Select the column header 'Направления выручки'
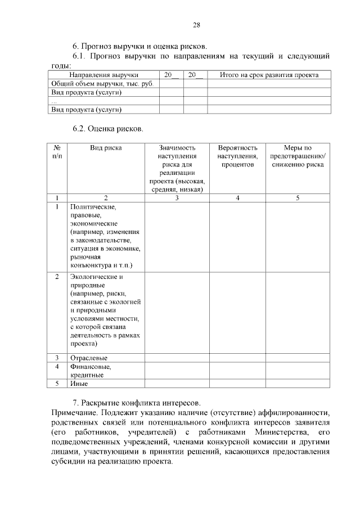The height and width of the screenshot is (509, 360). coord(103,75)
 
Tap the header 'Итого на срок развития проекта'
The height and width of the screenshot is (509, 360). coord(269,75)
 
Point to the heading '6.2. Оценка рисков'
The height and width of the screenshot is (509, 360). coord(108,128)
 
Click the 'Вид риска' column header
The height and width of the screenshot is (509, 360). coord(106,148)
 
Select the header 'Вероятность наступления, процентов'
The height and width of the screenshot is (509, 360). coord(238,156)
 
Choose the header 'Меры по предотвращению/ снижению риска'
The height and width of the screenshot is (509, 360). coord(296,156)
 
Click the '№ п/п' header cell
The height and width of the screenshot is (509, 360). coord(57,152)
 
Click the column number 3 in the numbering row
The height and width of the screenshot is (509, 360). coord(177,198)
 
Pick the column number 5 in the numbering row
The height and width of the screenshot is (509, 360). coord(296,198)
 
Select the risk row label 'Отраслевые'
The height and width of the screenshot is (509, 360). coord(88,358)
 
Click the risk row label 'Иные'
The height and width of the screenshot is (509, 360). coord(79,384)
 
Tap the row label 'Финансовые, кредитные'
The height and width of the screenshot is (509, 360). coord(90,371)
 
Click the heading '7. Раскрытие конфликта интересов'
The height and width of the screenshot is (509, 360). coord(136,403)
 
